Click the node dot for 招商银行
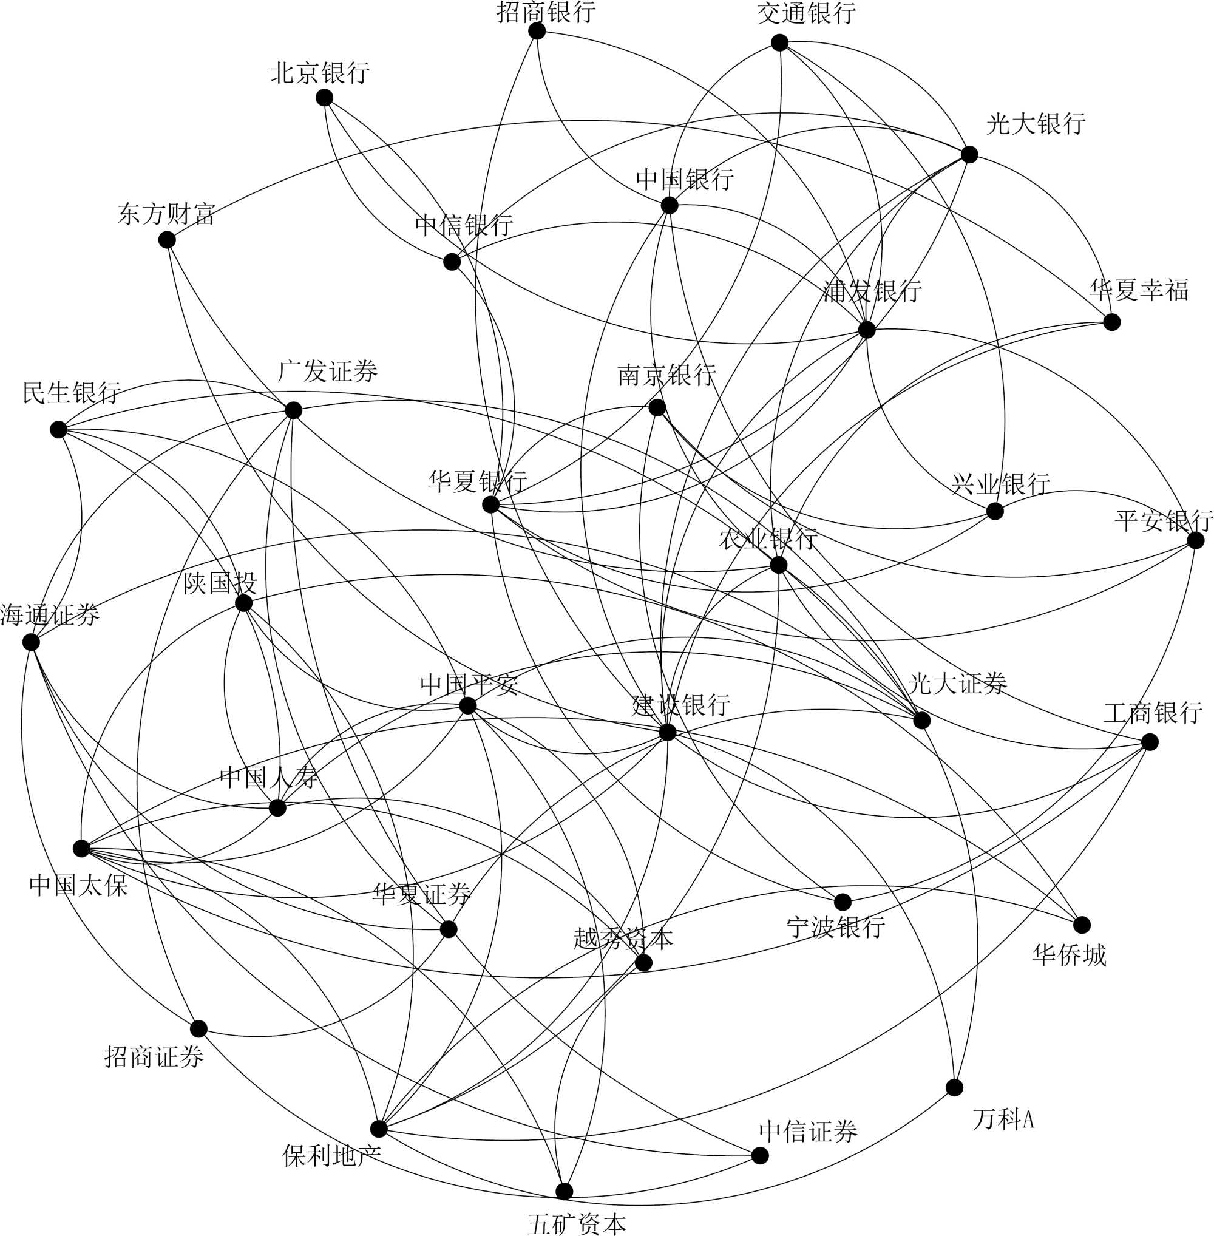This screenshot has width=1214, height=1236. (x=537, y=30)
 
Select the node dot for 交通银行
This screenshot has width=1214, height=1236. (x=779, y=42)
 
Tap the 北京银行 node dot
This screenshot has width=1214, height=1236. (x=324, y=98)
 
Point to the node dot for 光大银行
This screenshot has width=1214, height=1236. (x=969, y=154)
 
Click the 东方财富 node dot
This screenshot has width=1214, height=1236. (x=166, y=240)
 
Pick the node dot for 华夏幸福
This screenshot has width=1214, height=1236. (x=1111, y=322)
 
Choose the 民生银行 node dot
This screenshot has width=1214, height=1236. (x=59, y=429)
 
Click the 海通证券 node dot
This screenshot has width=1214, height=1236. (x=30, y=642)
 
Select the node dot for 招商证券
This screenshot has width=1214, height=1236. (x=199, y=1029)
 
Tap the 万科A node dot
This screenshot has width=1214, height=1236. (x=954, y=1087)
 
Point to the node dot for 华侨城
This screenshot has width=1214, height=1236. (x=1082, y=925)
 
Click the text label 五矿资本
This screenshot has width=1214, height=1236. (x=577, y=1223)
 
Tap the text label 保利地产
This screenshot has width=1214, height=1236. (x=331, y=1155)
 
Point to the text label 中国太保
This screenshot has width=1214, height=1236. (x=79, y=885)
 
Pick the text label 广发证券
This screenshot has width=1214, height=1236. (x=328, y=371)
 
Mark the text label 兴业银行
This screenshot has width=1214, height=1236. (x=1000, y=484)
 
